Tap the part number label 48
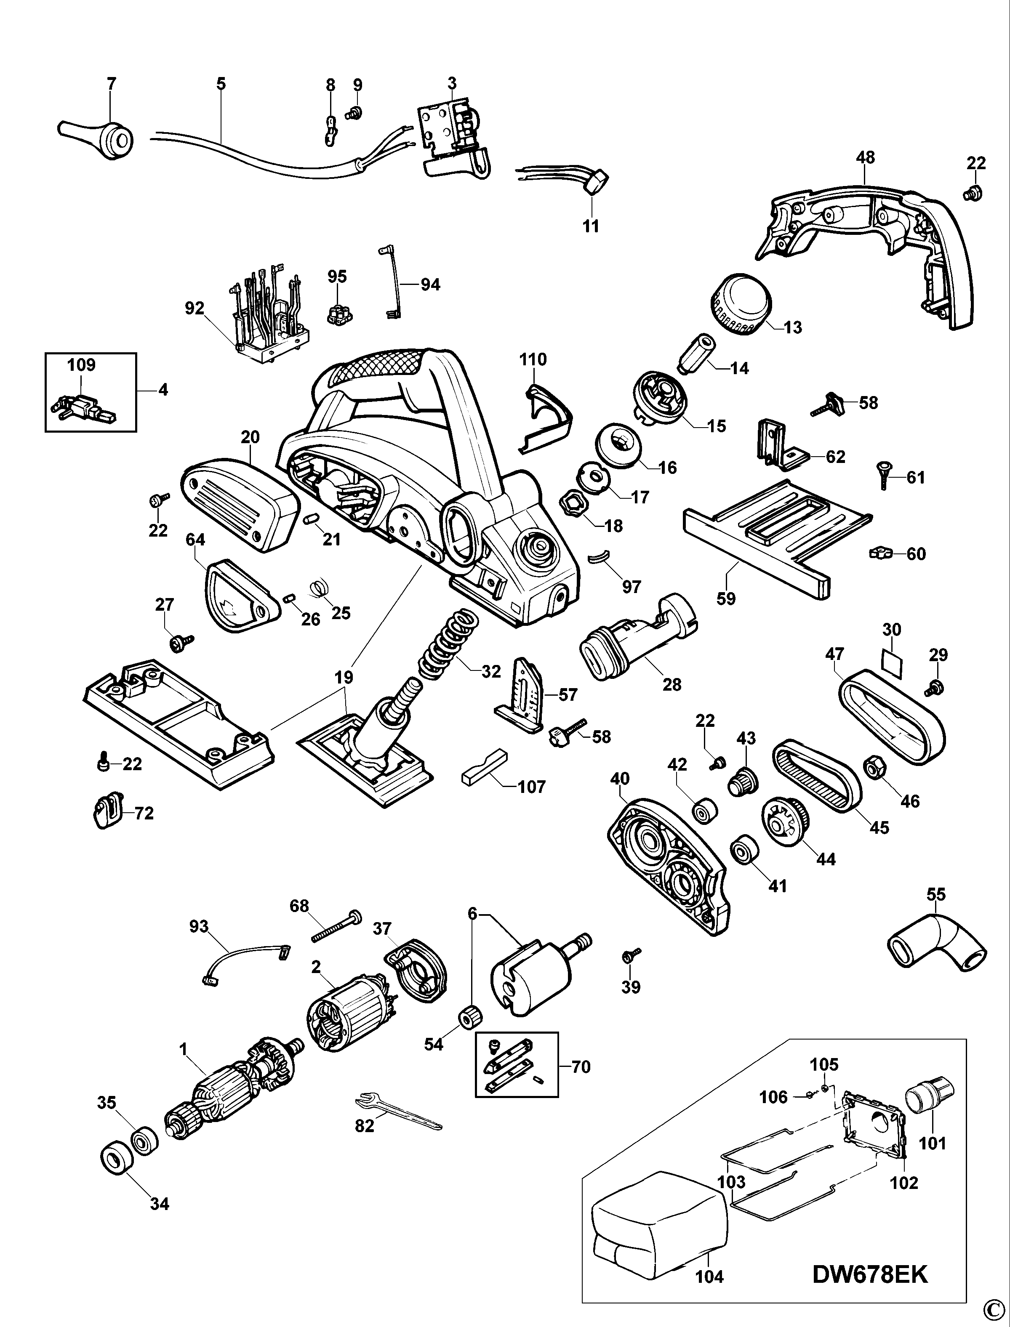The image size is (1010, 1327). coord(865,157)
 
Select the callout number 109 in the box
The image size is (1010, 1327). coord(82,365)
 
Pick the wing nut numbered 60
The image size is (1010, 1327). coord(881,552)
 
